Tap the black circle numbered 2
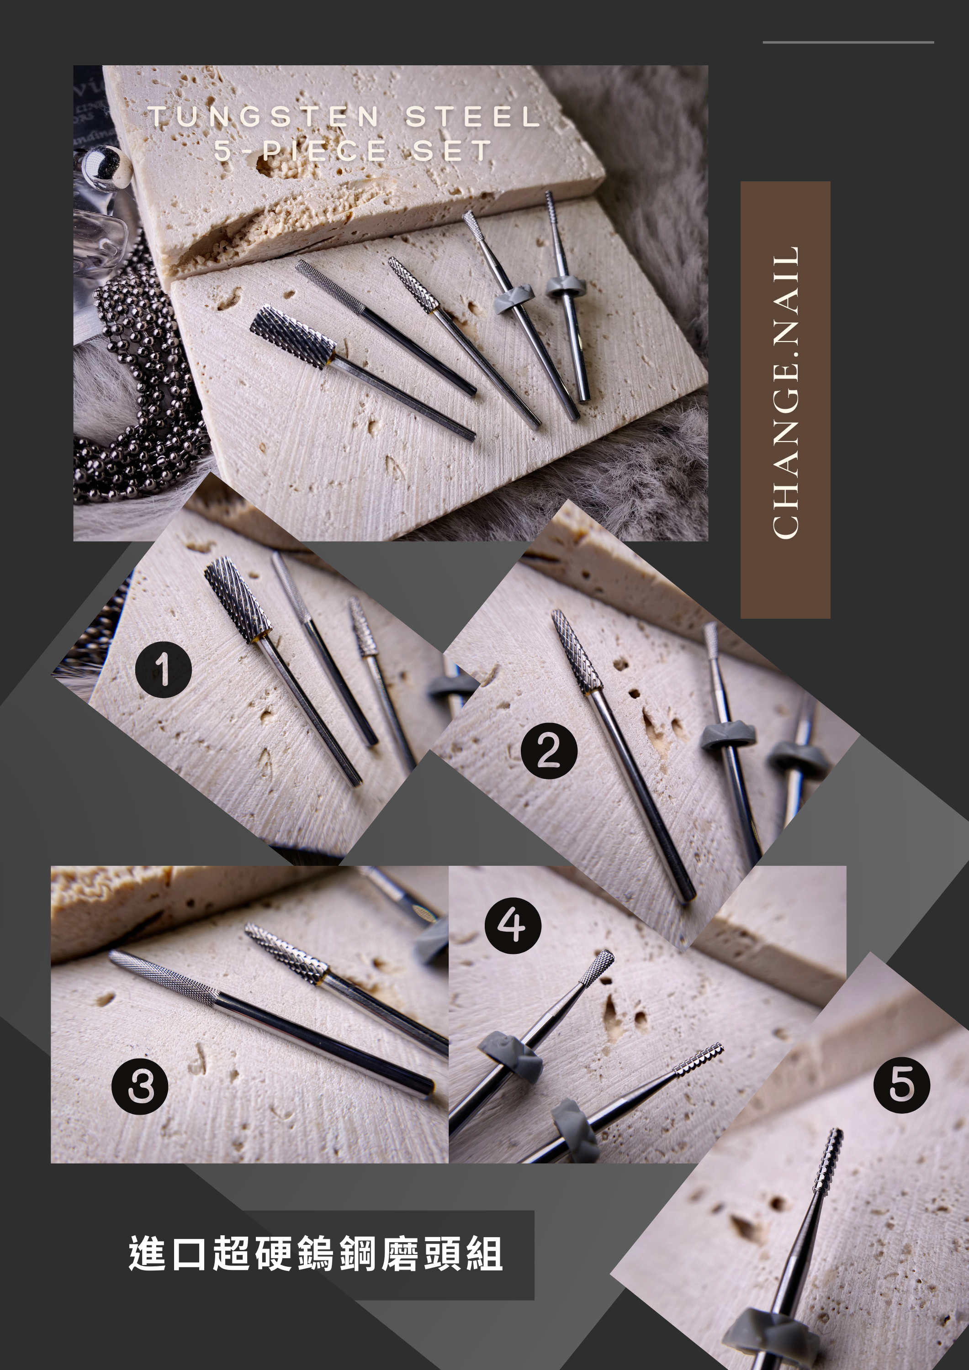[549, 751]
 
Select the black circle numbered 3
[140, 1086]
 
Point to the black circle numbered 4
[512, 926]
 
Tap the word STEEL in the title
[473, 116]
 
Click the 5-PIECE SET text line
[353, 150]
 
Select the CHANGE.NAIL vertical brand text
[786, 393]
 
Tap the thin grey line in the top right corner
[848, 42]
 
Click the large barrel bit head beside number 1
[238, 599]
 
